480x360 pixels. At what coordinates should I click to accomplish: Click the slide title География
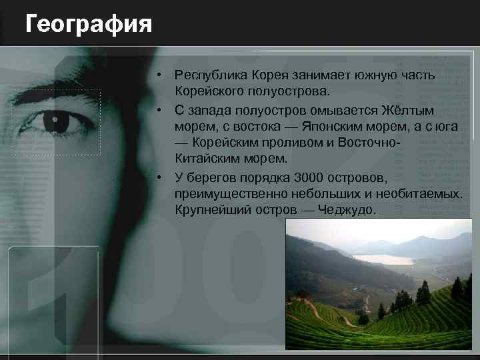coord(89,25)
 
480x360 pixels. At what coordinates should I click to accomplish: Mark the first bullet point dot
coord(161,75)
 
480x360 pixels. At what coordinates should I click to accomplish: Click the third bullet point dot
coord(161,177)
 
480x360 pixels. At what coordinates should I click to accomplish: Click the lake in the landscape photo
coord(383,259)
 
